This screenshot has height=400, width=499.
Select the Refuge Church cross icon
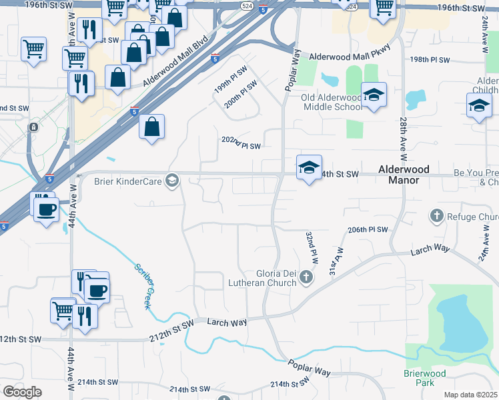coord(436,216)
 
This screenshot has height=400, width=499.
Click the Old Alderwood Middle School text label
coord(332,101)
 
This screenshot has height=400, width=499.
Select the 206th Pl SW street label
coord(368,229)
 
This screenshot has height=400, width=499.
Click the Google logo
coord(22,392)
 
